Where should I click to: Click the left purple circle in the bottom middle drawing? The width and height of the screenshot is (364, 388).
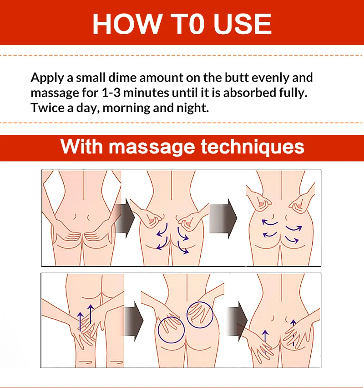(171, 328)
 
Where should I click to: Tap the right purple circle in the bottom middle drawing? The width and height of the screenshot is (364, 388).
(200, 315)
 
